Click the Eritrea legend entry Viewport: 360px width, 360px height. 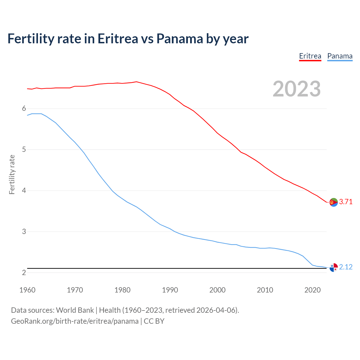pos(310,56)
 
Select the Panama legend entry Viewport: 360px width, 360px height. pos(340,56)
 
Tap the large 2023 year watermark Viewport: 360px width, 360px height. pos(297,89)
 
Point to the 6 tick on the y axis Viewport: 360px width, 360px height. pos(24,109)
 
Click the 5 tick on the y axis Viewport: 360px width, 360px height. pos(24,150)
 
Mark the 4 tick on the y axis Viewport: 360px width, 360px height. pos(24,191)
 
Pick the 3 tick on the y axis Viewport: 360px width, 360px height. pos(24,232)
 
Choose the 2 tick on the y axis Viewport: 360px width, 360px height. pos(24,273)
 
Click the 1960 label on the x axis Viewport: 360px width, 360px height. pos(27,290)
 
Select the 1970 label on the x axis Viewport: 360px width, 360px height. pos(75,290)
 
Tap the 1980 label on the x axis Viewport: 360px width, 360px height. pos(122,290)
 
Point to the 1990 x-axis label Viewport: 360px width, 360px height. pos(170,290)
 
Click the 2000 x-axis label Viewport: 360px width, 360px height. pos(217,290)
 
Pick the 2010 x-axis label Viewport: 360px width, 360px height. pos(265,290)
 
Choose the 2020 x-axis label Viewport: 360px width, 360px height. pos(312,290)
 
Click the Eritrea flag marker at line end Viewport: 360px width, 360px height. pos(334,202)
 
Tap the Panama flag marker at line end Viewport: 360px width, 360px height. pos(334,268)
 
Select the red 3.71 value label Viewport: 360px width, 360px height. pos(346,202)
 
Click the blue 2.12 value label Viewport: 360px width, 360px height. pos(346,267)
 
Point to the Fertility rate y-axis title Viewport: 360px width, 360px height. pos(12,174)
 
